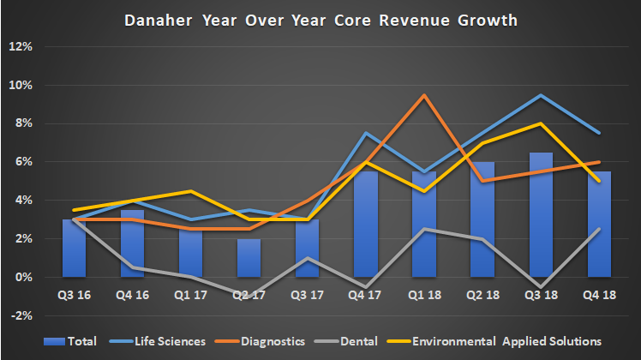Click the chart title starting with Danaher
point(320,19)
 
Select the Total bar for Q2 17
point(249,258)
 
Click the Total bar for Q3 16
point(75,249)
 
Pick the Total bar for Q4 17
point(365,225)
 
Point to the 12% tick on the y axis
point(20,46)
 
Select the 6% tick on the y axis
point(22,162)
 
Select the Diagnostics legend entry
point(271,341)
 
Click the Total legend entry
point(87,341)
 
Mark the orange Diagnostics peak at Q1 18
point(423,94)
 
